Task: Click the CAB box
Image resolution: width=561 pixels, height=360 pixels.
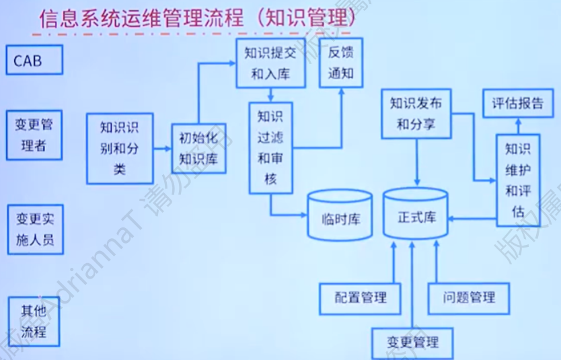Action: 34,60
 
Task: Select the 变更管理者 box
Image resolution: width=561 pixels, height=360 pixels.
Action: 34,135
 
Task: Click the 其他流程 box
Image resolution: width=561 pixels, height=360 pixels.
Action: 34,322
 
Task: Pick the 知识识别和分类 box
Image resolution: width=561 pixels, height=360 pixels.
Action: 120,148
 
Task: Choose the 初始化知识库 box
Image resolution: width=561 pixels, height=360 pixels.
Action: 198,149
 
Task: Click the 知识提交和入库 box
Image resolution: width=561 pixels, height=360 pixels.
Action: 270,63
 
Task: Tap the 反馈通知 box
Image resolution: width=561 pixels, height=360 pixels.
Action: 340,63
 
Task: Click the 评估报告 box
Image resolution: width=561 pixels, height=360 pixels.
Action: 517,104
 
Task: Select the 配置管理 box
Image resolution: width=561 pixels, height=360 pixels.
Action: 361,297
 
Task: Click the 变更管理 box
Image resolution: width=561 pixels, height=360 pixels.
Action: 412,341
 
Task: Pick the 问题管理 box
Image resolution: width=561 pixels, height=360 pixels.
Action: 470,297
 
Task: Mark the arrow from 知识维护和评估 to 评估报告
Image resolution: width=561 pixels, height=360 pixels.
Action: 518,127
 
